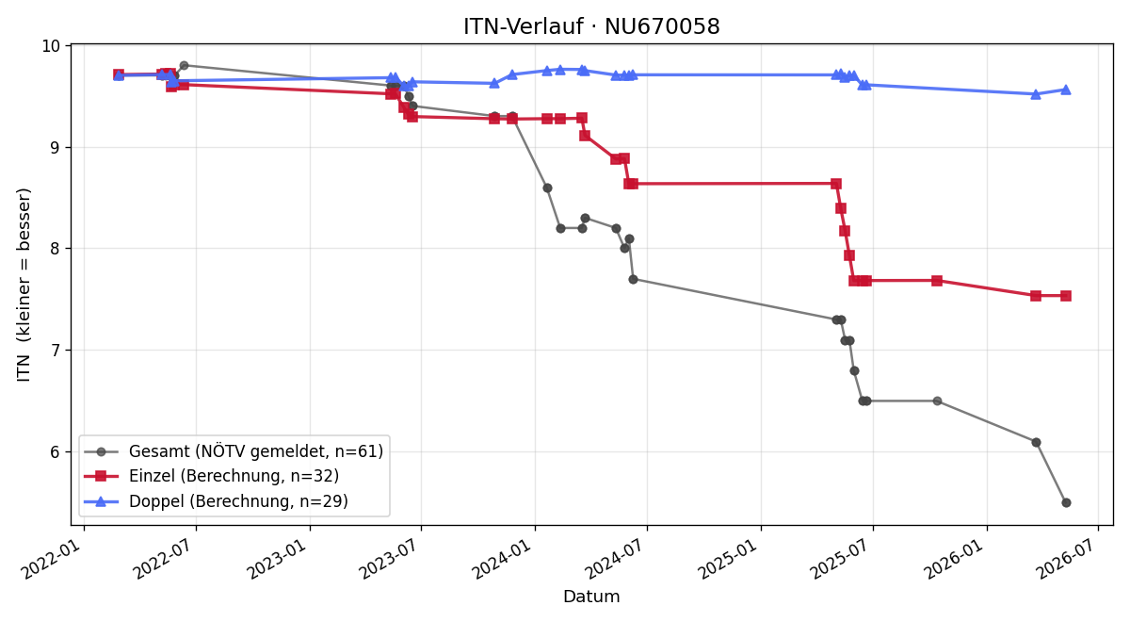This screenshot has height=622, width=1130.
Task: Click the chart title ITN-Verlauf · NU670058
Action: [591, 26]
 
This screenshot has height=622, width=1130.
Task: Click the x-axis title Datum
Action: [591, 597]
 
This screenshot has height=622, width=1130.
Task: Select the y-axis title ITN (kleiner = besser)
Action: [24, 285]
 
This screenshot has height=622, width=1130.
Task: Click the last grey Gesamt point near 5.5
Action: [1066, 503]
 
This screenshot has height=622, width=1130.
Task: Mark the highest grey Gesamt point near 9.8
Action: [185, 66]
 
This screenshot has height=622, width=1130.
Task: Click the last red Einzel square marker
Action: [1066, 296]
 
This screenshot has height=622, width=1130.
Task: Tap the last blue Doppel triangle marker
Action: [1066, 90]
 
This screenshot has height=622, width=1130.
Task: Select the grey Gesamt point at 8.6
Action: [547, 188]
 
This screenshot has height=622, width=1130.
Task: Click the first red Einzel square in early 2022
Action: [119, 74]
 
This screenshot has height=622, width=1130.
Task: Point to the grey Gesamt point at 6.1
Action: [1036, 442]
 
